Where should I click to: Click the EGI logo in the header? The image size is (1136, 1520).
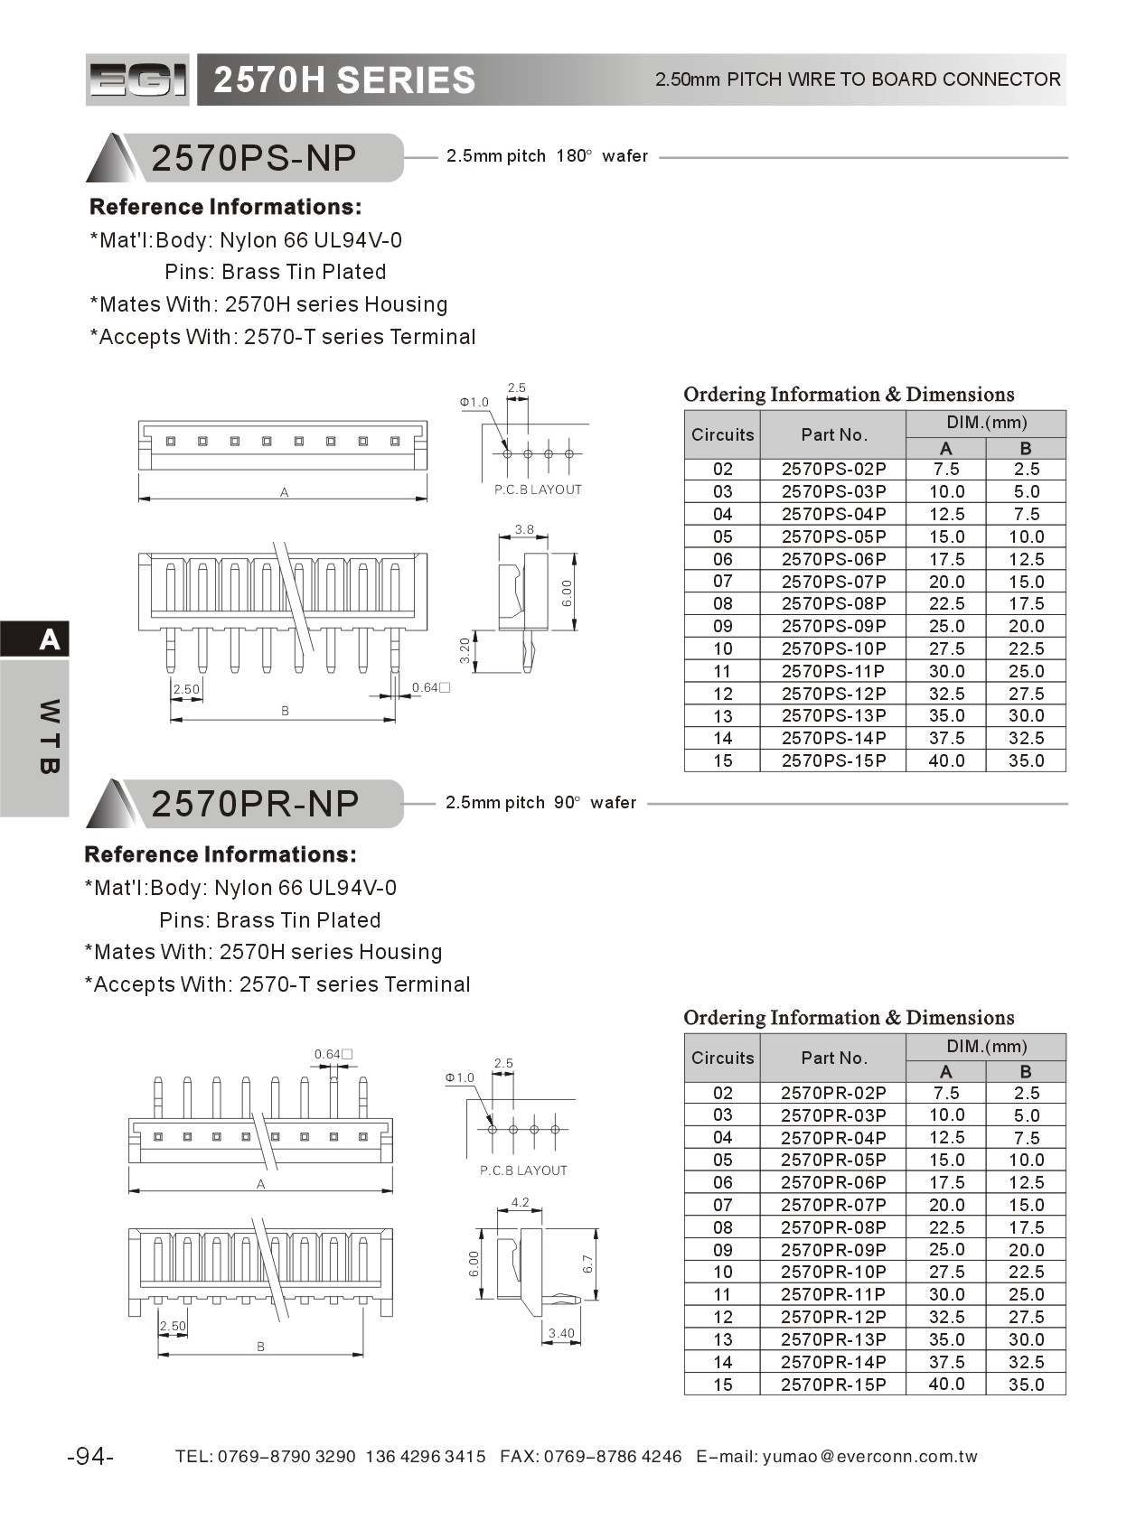137,80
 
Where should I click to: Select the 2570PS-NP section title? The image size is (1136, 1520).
254,158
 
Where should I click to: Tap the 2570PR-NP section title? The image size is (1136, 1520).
255,804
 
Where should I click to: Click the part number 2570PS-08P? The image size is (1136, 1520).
833,603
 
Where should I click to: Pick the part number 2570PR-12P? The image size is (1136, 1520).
833,1317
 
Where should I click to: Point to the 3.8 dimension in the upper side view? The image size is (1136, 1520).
524,529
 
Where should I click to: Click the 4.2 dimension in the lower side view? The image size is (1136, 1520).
520,1202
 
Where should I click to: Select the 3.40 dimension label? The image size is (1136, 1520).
561,1333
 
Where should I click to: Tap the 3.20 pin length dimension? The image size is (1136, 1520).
465,650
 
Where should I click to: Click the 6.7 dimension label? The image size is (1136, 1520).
587,1264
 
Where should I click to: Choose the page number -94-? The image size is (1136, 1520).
90,1456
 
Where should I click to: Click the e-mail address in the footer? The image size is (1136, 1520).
869,1456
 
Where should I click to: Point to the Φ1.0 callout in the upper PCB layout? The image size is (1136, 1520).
474,402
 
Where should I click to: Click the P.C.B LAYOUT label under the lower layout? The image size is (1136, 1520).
523,1170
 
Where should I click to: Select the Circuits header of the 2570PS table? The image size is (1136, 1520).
722,434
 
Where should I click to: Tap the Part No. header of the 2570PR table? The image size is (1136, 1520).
833,1058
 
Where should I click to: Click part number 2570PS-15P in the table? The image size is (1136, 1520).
833,760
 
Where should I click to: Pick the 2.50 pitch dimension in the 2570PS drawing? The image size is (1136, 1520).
186,689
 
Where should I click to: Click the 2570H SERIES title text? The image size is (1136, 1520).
344,80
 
